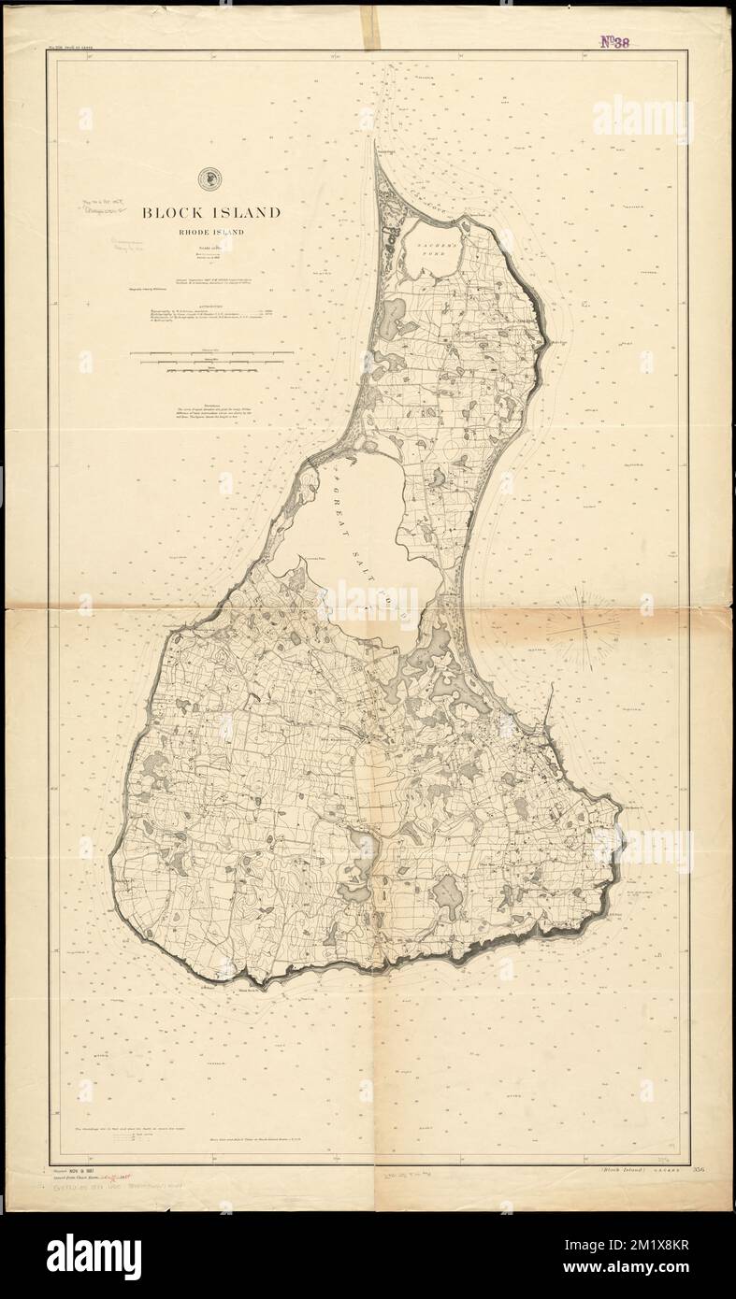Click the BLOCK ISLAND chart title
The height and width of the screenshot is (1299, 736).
click(210, 213)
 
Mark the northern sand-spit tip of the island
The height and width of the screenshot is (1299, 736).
click(377, 148)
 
